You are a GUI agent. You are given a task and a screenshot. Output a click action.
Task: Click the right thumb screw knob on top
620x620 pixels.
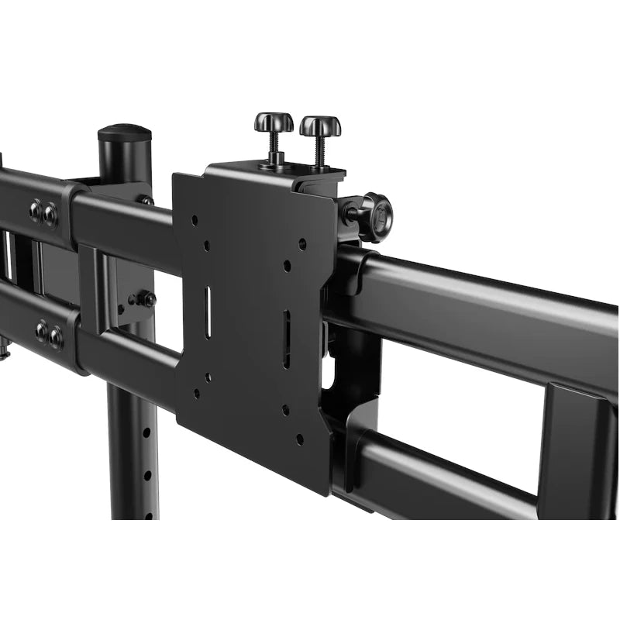[320, 126]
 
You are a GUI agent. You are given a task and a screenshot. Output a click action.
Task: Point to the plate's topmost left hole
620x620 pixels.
[194, 219]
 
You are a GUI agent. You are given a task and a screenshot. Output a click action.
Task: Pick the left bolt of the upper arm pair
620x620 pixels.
[36, 212]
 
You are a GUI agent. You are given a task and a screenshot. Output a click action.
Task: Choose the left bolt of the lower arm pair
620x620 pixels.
[41, 331]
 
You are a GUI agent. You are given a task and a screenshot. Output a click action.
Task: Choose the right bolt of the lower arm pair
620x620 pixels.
[56, 336]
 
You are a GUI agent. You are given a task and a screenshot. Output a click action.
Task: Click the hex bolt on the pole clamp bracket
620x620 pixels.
[144, 298]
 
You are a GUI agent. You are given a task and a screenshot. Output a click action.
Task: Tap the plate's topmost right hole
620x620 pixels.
[301, 243]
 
